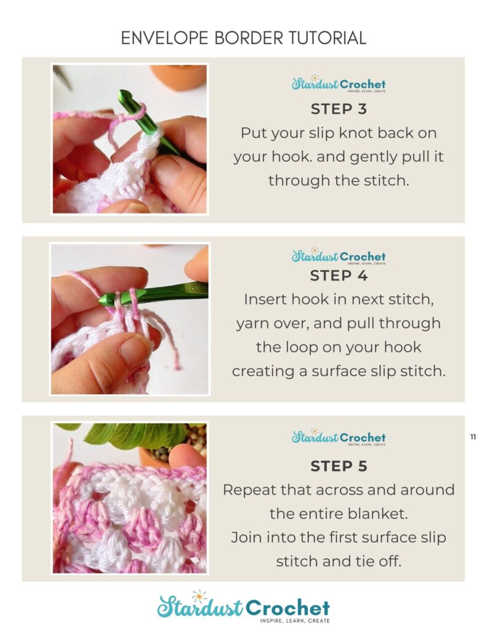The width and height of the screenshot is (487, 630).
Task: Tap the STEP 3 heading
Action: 339,109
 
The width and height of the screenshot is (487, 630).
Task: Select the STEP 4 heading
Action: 339,276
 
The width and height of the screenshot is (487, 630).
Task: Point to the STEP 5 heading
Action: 339,466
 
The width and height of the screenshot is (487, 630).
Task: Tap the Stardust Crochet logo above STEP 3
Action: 339,84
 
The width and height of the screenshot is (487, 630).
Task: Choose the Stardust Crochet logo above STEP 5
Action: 339,437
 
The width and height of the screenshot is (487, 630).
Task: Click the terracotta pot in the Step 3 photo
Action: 179,75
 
